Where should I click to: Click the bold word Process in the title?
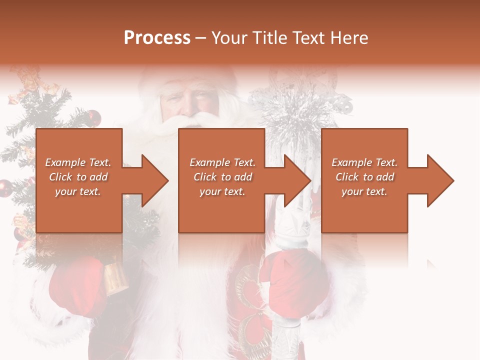click(x=157, y=38)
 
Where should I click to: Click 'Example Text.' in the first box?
click(x=78, y=162)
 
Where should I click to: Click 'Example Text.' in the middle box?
click(x=222, y=162)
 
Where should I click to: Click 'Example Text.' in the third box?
click(x=364, y=162)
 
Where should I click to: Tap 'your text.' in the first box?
click(x=78, y=191)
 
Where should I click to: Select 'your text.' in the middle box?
click(x=222, y=191)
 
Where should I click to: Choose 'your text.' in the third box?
click(x=364, y=191)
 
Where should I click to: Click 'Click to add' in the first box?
click(x=78, y=177)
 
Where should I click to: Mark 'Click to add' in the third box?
click(x=364, y=177)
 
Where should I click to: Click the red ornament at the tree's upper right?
click(x=93, y=118)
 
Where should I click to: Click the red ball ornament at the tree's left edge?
click(x=5, y=188)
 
